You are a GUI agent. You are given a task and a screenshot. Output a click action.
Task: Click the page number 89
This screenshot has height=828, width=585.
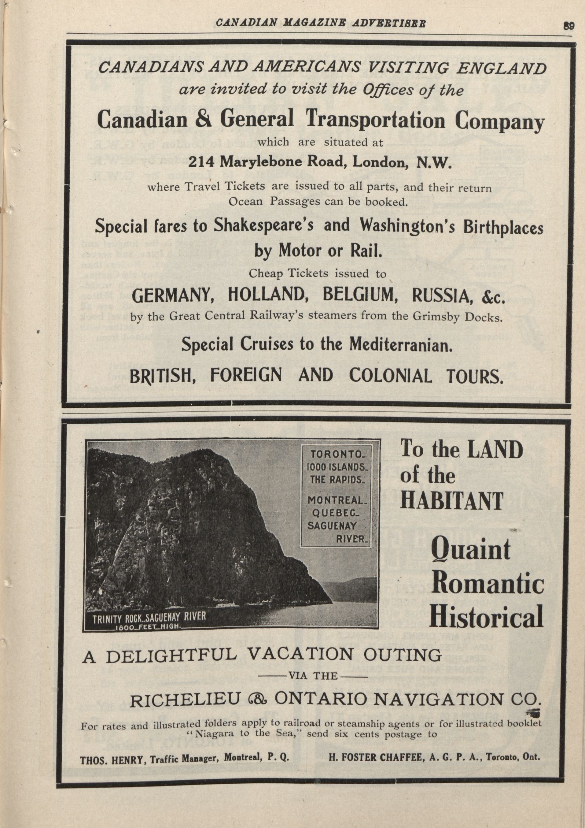pyautogui.click(x=569, y=26)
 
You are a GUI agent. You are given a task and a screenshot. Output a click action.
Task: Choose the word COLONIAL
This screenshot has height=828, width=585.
pyautogui.click(x=390, y=376)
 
